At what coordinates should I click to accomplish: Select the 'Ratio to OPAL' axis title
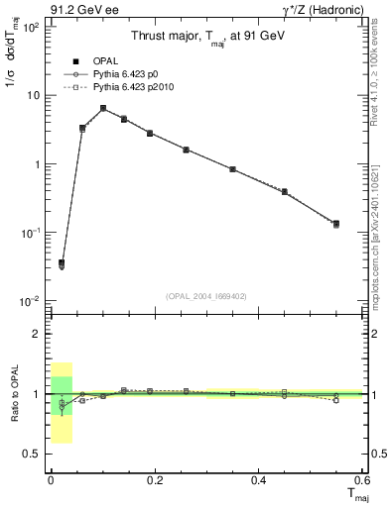point(13,393)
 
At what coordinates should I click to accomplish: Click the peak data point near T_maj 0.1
point(103,108)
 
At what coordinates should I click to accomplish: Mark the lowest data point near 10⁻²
point(62,263)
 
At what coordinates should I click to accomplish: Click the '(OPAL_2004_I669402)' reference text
point(206,296)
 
